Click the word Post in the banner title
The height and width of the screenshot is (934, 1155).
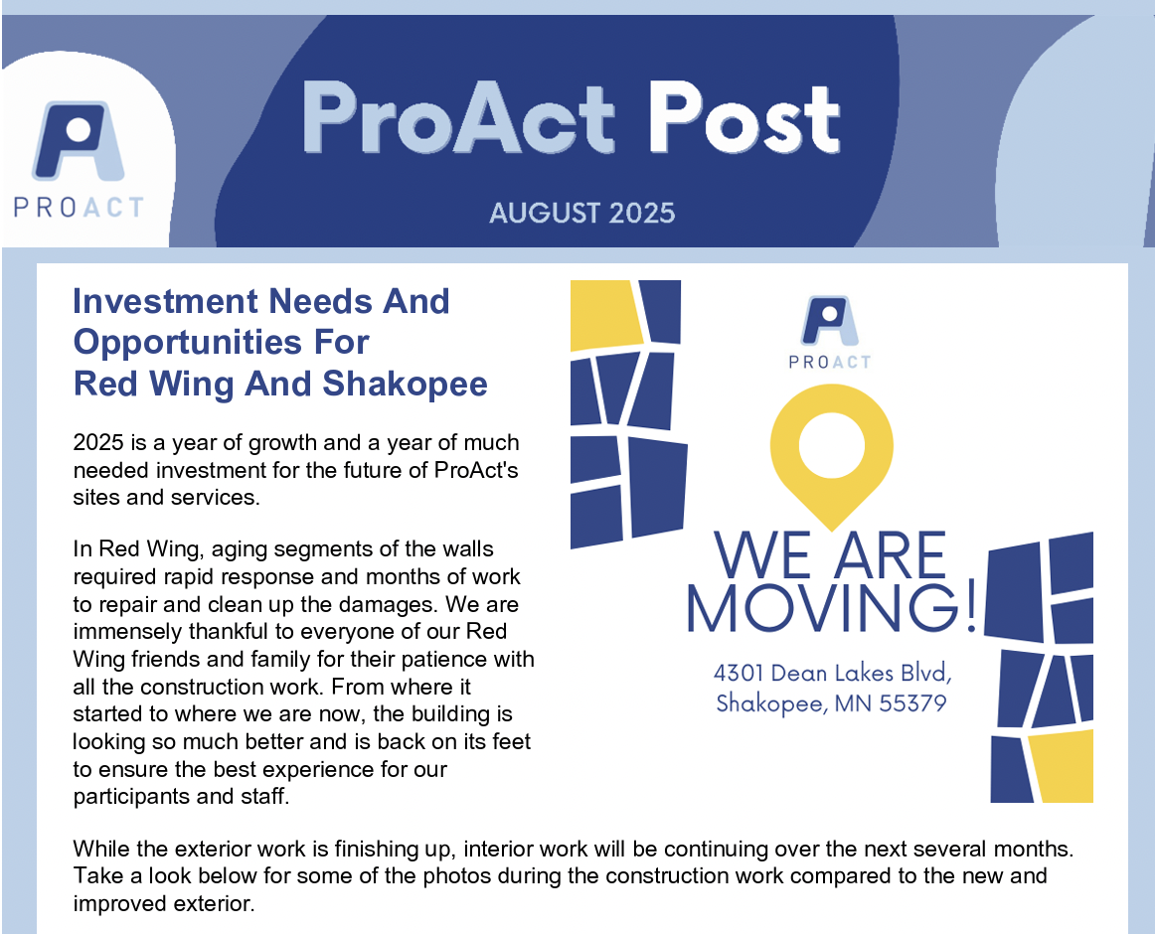pyautogui.click(x=743, y=118)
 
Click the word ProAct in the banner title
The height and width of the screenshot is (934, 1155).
pyautogui.click(x=458, y=118)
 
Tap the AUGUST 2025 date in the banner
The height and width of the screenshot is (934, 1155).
pyautogui.click(x=581, y=213)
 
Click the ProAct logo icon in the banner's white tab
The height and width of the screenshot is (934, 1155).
pyautogui.click(x=78, y=141)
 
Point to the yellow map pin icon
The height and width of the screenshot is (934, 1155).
pyautogui.click(x=832, y=457)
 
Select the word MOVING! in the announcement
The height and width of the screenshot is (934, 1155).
pyautogui.click(x=832, y=608)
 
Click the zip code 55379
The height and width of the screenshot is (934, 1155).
pyautogui.click(x=912, y=702)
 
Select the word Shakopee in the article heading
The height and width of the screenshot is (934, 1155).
pyautogui.click(x=405, y=384)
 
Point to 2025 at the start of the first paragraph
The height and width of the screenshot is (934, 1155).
pyautogui.click(x=98, y=443)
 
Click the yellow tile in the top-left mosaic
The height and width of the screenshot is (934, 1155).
pyautogui.click(x=604, y=315)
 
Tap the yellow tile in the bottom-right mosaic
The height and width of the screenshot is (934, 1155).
pyautogui.click(x=1061, y=766)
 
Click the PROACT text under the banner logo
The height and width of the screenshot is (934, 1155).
pyautogui.click(x=79, y=208)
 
